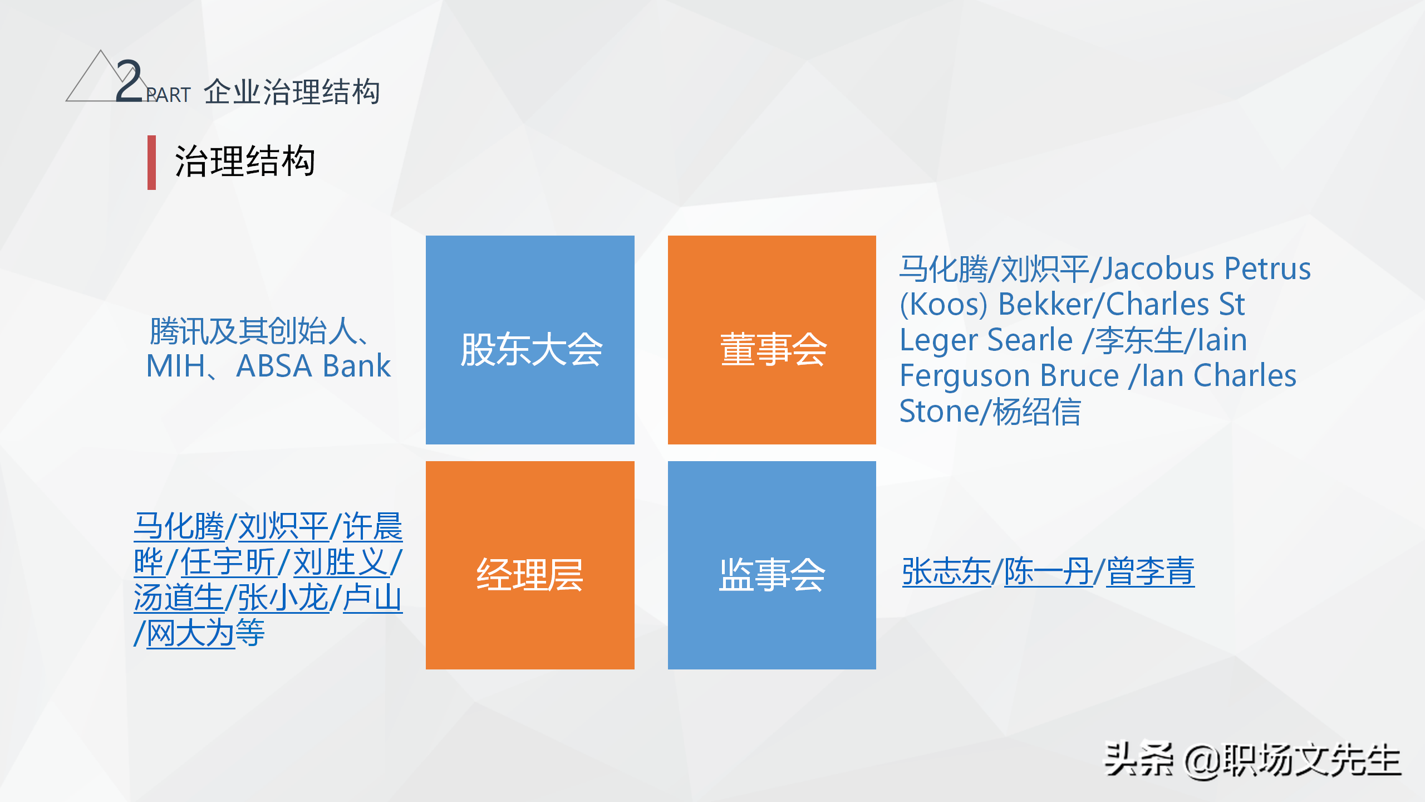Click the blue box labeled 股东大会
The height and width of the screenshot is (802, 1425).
coord(530,340)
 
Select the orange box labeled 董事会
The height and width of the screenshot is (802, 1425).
coord(772,340)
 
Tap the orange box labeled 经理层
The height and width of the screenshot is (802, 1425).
coord(530,565)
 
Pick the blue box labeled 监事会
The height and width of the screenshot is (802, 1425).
coord(772,565)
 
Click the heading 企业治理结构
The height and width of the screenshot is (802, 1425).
coord(292,92)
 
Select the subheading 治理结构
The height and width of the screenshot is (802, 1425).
coord(245,162)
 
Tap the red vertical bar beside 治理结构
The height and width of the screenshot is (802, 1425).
coord(151,163)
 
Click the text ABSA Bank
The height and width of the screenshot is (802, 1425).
coord(313,366)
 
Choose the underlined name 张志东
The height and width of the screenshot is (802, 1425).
coord(946,572)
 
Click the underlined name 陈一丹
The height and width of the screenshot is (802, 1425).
coord(1048,572)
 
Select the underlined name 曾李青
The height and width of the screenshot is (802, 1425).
coord(1150,572)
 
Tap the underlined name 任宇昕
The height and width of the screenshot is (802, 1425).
coord(228,562)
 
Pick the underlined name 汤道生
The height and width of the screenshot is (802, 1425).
coord(178,598)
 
